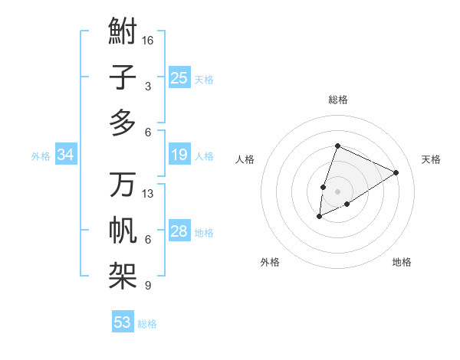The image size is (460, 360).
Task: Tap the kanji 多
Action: click(x=123, y=123)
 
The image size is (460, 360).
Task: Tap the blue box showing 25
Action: click(x=179, y=77)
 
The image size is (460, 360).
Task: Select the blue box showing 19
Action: click(x=179, y=155)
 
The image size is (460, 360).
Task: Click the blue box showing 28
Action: click(x=179, y=231)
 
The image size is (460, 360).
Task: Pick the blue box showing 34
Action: click(x=65, y=155)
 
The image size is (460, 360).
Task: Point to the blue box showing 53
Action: click(x=122, y=322)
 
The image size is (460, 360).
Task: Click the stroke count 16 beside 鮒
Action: click(x=148, y=40)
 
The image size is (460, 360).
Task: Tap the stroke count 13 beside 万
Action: click(x=148, y=194)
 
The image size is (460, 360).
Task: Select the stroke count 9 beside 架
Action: click(x=148, y=286)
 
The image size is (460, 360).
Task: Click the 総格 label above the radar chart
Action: click(x=337, y=100)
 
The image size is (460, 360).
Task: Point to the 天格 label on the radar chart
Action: click(x=431, y=159)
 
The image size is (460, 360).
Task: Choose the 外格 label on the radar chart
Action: click(x=270, y=262)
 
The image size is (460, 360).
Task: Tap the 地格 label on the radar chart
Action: click(x=402, y=262)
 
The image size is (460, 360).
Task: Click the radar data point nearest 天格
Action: click(x=396, y=172)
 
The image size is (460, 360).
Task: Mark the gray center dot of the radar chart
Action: click(x=337, y=191)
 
